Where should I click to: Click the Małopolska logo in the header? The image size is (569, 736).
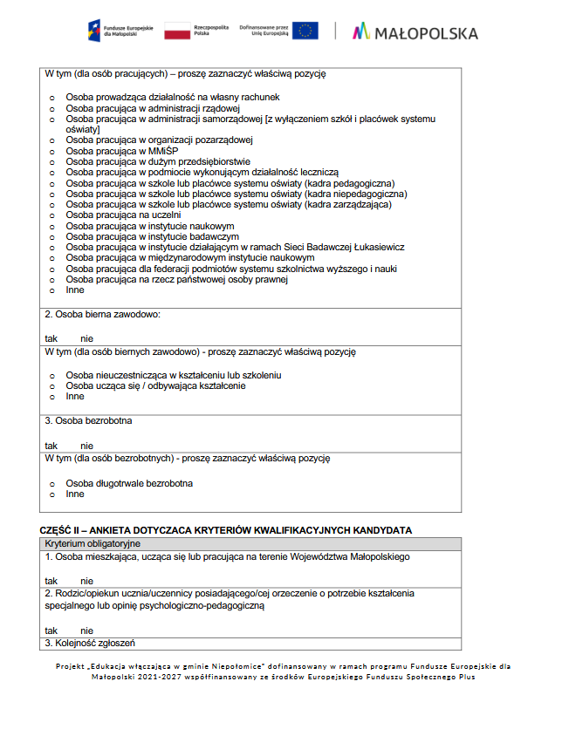[x=415, y=32]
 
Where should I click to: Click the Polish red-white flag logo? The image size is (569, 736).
[x=177, y=31]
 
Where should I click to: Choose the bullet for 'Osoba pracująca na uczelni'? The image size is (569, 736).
[x=51, y=215]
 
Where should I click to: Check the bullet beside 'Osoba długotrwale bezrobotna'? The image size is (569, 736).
[x=51, y=484]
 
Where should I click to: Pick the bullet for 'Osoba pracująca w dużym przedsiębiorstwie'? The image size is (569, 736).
[x=51, y=162]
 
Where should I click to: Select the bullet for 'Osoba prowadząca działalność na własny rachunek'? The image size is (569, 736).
[x=51, y=98]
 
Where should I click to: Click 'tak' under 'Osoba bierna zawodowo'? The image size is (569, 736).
[x=51, y=338]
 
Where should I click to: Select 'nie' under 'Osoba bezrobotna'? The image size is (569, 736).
[x=86, y=446]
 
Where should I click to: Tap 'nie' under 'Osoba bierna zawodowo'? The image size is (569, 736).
[x=86, y=338]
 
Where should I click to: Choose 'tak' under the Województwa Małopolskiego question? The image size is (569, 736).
[x=51, y=581]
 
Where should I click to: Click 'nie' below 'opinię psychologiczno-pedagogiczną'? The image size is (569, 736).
[x=86, y=630]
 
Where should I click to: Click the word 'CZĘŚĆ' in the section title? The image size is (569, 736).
[x=57, y=530]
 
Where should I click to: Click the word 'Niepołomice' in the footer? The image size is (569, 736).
[x=197, y=666]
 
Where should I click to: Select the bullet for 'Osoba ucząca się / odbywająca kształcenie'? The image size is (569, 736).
[x=51, y=386]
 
